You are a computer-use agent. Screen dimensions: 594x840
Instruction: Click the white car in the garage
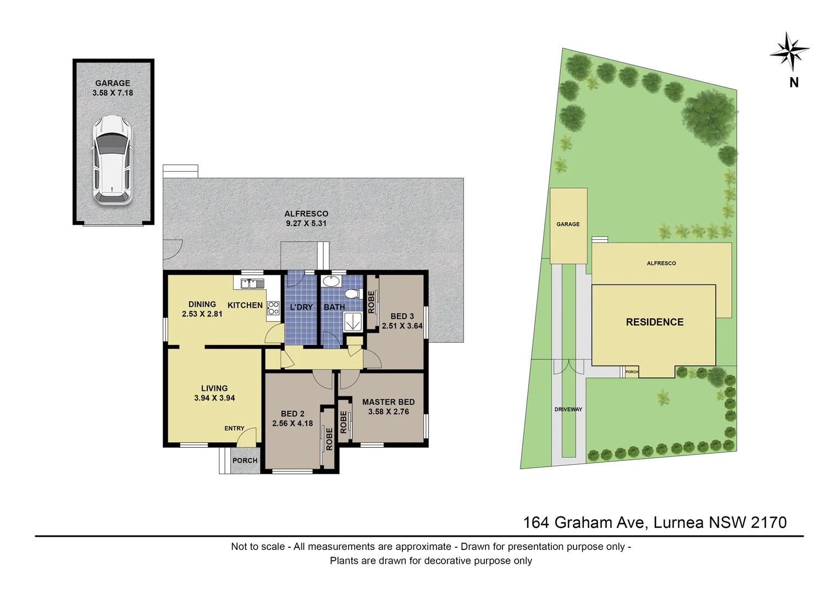[112, 160]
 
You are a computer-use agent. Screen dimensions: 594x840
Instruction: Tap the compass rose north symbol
[789, 53]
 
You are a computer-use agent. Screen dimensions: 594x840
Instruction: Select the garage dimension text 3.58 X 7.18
[113, 93]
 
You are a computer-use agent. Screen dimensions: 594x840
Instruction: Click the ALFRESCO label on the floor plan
[306, 213]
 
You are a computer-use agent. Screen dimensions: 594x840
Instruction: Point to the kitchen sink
[249, 284]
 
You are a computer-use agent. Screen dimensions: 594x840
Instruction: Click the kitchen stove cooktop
[273, 308]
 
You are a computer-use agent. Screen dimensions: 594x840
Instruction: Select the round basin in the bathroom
[331, 282]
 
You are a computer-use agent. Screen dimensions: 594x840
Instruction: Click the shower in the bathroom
[352, 322]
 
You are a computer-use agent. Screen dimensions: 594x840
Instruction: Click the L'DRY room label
[301, 307]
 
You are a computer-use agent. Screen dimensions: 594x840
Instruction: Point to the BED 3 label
[402, 316]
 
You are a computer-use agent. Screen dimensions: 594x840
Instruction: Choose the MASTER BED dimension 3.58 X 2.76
[389, 411]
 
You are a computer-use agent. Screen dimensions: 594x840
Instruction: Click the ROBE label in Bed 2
[329, 439]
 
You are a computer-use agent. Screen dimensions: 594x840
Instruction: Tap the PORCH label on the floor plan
[245, 460]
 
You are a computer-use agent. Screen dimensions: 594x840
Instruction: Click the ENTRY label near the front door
[234, 428]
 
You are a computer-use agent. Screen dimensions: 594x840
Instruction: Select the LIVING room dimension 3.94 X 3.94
[214, 398]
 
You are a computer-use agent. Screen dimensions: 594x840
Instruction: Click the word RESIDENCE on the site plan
[655, 322]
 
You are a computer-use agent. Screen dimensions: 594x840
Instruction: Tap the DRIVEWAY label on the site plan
[568, 409]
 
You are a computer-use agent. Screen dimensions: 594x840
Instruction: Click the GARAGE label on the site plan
[568, 224]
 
